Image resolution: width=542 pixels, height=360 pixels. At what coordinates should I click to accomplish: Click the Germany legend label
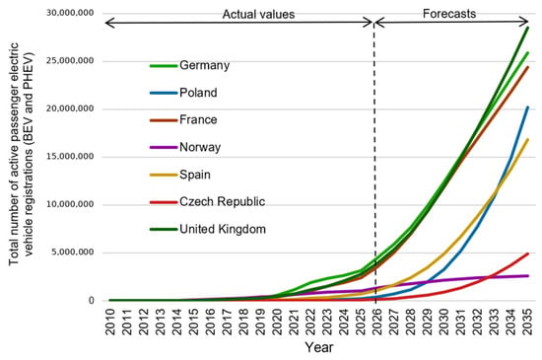coord(204,65)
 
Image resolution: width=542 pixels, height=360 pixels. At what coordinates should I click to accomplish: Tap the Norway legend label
coord(200,147)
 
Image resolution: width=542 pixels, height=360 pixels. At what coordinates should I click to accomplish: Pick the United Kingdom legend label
coord(223,229)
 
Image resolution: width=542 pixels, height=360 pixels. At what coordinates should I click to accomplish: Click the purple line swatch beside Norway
coord(164,147)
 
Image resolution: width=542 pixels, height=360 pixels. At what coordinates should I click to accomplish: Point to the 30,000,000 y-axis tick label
coord(70,13)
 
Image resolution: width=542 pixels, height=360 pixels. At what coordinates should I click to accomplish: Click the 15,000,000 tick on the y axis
coord(70,157)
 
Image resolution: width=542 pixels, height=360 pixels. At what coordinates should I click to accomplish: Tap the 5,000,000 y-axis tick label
coord(73,252)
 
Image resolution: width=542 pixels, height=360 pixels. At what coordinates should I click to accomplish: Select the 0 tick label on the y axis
coord(92,301)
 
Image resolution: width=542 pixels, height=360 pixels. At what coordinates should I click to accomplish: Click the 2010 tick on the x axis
coord(110,322)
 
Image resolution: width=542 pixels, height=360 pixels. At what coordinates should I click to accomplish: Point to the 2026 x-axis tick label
coord(377,322)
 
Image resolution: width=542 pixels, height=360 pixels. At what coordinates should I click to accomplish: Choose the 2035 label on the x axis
coord(527,322)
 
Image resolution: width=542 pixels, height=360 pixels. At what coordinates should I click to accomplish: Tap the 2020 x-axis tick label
coord(277,322)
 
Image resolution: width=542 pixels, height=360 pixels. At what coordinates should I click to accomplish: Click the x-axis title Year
coord(319,347)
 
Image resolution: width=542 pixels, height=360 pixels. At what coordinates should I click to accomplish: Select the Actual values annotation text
coord(258,15)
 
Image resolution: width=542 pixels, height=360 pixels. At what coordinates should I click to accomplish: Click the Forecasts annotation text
coord(449,14)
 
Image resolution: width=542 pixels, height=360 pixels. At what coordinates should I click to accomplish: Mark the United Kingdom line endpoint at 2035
coord(528,27)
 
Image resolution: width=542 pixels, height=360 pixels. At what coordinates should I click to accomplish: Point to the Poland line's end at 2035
coord(528,107)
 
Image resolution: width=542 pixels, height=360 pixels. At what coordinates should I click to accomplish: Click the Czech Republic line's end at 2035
coord(528,253)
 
